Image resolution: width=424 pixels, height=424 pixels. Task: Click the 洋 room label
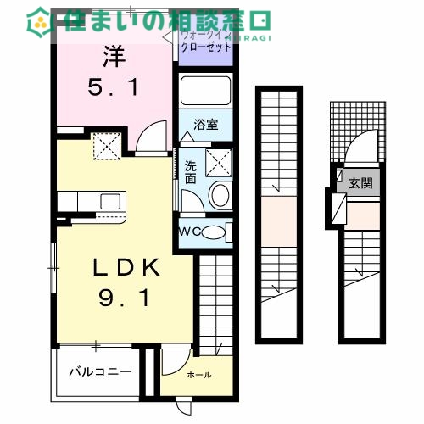pyautogui.click(x=115, y=59)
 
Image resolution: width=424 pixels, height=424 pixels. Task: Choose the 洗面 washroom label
pyautogui.click(x=192, y=172)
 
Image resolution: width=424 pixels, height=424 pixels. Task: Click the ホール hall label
pyautogui.click(x=199, y=375)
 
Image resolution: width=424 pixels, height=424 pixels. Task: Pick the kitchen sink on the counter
pyautogui.click(x=109, y=201)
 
